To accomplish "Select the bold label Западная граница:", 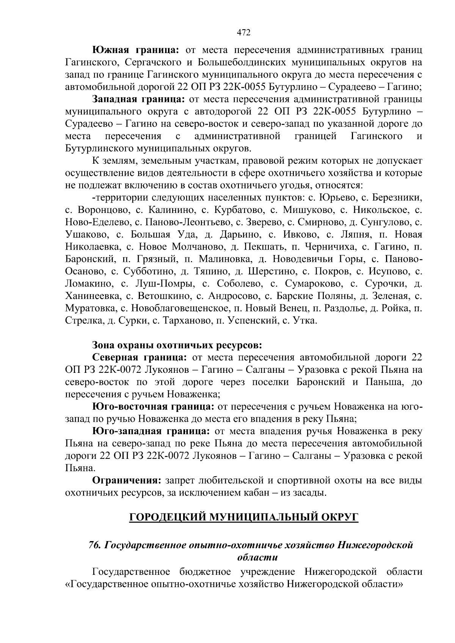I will click(138, 100).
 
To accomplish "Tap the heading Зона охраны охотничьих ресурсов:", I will click(177, 345).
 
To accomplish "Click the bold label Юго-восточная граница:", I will click(154, 407).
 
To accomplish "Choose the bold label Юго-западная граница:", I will click(151, 431).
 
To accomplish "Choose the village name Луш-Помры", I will click(163, 284).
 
